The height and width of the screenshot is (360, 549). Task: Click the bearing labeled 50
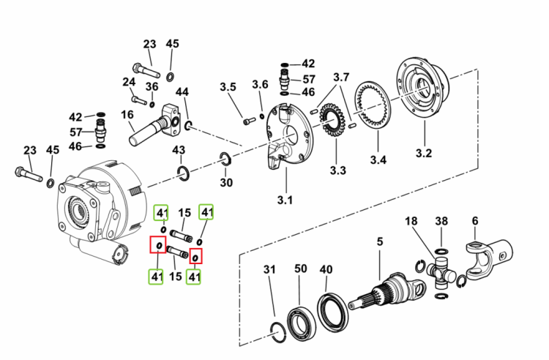(x=301, y=323)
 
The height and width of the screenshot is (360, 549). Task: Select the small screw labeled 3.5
(x=250, y=121)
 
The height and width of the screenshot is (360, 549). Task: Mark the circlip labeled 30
(x=220, y=159)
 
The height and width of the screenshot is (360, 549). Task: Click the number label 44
(x=182, y=92)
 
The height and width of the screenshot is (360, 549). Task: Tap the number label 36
(x=152, y=86)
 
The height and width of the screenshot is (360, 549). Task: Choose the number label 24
(x=129, y=82)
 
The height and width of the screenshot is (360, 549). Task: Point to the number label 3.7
(x=341, y=77)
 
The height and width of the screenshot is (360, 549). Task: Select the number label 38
(x=441, y=221)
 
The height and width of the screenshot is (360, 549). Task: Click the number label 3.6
(x=260, y=84)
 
